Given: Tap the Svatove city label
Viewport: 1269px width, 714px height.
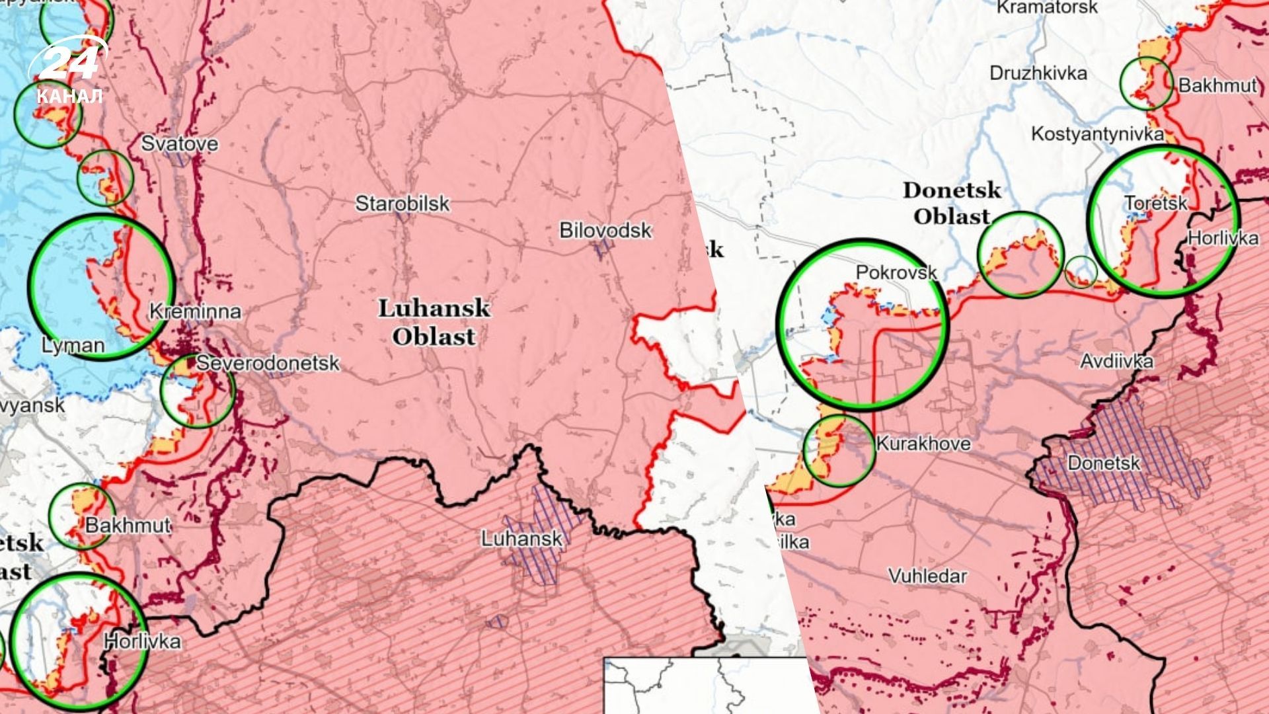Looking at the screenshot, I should pyautogui.click(x=179, y=143).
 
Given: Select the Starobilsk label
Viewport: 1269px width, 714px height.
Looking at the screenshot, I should pyautogui.click(x=402, y=203).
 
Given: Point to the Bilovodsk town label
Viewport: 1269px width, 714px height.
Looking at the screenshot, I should pyautogui.click(x=605, y=230).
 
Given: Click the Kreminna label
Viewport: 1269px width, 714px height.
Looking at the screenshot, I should pyautogui.click(x=195, y=311).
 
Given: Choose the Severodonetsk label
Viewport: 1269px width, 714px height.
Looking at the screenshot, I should pyautogui.click(x=268, y=363).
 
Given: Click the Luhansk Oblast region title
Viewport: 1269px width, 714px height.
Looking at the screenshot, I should pyautogui.click(x=434, y=322).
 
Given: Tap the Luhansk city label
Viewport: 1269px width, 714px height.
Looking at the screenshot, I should pyautogui.click(x=521, y=539).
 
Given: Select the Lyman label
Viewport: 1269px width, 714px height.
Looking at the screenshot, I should pyautogui.click(x=73, y=345).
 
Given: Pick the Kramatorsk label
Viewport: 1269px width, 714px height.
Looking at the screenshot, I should pyautogui.click(x=1047, y=8).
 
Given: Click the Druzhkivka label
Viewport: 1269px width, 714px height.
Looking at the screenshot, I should pyautogui.click(x=1038, y=73).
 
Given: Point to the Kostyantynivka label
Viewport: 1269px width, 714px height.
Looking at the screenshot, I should pyautogui.click(x=1097, y=134).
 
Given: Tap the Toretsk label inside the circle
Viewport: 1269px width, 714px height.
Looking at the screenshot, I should pyautogui.click(x=1156, y=203).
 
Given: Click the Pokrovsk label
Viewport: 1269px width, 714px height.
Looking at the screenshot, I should pyautogui.click(x=896, y=272).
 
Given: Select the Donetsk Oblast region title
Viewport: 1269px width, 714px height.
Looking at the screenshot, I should pyautogui.click(x=952, y=203).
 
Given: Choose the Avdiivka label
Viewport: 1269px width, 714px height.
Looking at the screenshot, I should pyautogui.click(x=1116, y=361).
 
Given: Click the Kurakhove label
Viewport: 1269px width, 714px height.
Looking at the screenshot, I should pyautogui.click(x=923, y=444).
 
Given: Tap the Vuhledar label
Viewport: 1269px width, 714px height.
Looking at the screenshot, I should pyautogui.click(x=927, y=576).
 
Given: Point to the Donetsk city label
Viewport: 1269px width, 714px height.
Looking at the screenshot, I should pyautogui.click(x=1103, y=463).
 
